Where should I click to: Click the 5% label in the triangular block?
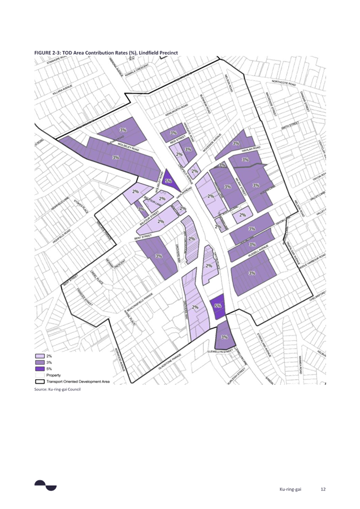168,181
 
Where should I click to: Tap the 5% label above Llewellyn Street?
218,306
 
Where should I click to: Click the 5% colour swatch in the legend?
40,369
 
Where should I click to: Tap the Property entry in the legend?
54,375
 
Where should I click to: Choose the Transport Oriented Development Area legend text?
79,381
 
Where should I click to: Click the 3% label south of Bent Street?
159,256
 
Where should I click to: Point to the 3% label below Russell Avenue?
251,273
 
